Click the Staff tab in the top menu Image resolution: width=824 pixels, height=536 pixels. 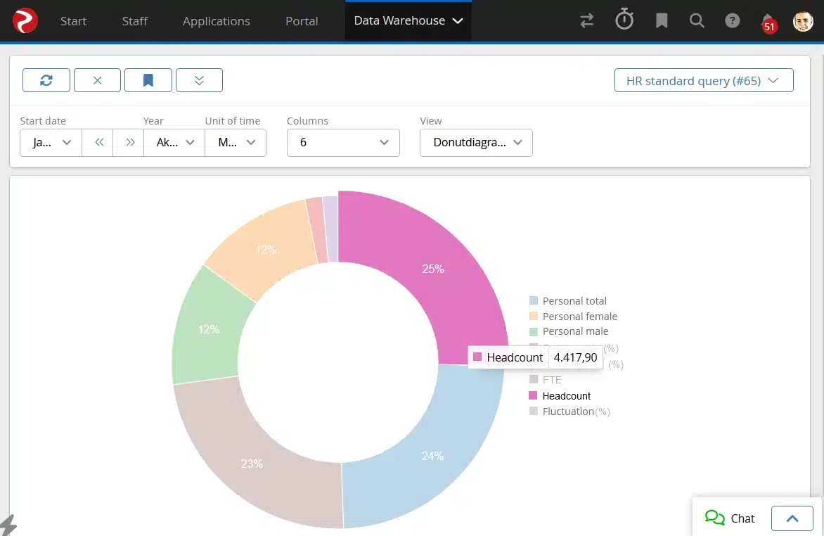coord(134,21)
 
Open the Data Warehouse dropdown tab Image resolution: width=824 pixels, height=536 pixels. coord(408,21)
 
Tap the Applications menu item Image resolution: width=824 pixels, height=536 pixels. coord(216,21)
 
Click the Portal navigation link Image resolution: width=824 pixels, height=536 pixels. coord(302,21)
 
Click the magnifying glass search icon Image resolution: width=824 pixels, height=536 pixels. coord(697,21)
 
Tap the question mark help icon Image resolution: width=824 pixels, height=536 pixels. coord(733,21)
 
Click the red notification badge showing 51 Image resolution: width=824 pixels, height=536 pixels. coord(769,27)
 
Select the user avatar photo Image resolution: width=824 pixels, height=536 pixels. coord(803,21)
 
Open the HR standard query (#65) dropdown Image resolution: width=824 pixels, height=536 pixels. coord(704,81)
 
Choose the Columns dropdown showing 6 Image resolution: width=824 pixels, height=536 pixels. coord(343,142)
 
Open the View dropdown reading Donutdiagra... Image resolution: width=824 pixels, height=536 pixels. coord(476,142)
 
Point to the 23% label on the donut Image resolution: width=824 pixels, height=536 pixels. coord(252,464)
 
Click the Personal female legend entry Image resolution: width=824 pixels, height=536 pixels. coord(579,317)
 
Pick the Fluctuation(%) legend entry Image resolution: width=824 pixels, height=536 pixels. coord(576,411)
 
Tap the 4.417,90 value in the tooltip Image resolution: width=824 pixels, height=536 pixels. coord(575,357)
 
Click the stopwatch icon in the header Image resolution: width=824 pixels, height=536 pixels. coord(624,20)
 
